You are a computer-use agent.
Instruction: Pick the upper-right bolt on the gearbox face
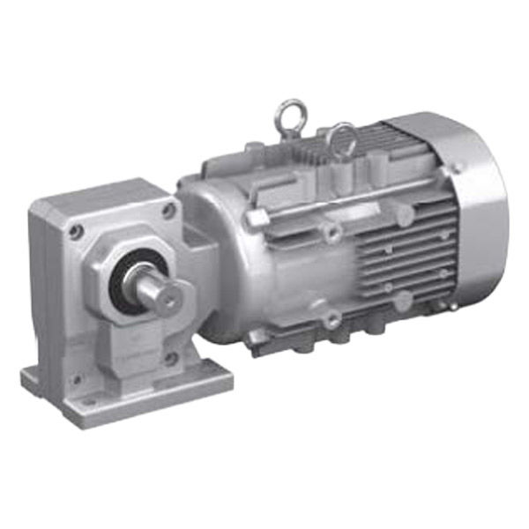[168, 210]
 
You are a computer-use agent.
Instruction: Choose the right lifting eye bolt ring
[342, 137]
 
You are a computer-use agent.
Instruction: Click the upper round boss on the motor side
[332, 232]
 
